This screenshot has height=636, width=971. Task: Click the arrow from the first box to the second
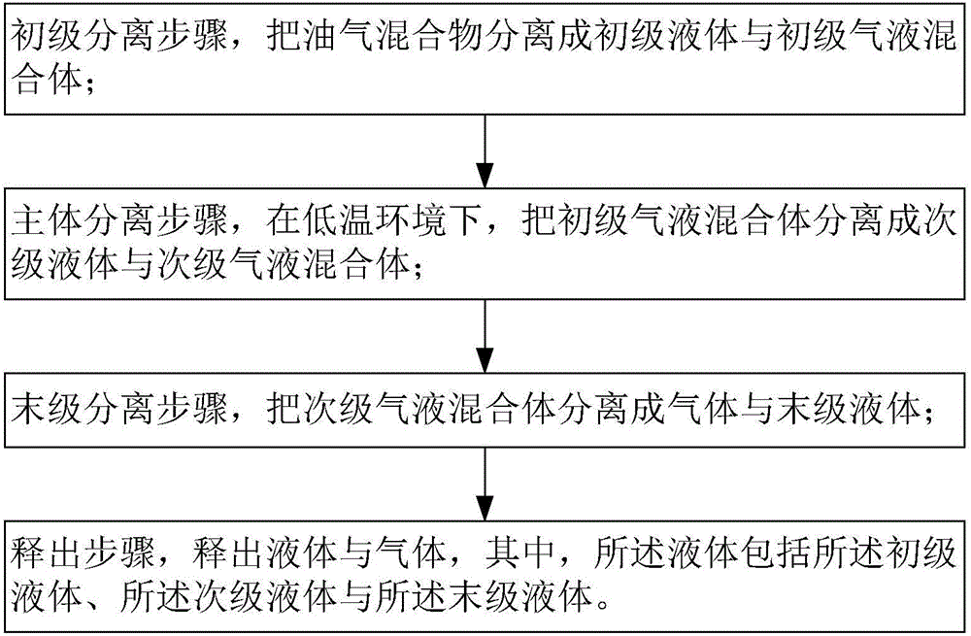(x=485, y=151)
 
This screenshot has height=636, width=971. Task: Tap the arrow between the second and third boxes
(x=485, y=336)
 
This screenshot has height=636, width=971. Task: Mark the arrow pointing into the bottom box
(x=485, y=484)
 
